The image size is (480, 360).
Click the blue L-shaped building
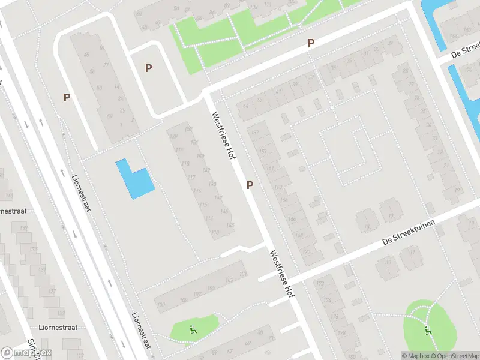[x=133, y=179]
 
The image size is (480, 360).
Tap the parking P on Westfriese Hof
[x=250, y=185]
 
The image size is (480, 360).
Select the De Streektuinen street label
[x=408, y=233]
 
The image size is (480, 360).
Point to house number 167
[x=256, y=133]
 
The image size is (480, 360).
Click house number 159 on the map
[x=262, y=152]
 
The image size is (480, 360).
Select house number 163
[x=278, y=187]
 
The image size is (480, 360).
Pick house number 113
[x=214, y=232]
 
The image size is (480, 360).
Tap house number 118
[x=186, y=164]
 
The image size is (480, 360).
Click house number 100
[x=160, y=305]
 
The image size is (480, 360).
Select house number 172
[x=320, y=283]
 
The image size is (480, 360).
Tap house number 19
[x=457, y=190]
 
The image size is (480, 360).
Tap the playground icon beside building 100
[x=193, y=329]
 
